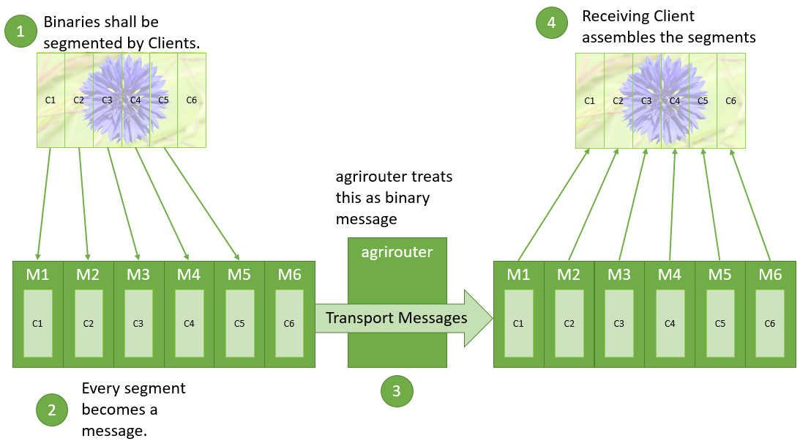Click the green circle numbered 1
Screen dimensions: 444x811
(20, 31)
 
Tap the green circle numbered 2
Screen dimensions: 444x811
(52, 410)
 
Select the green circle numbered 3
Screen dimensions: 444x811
(397, 391)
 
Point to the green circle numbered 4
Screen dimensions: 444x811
(551, 22)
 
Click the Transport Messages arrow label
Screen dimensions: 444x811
(396, 317)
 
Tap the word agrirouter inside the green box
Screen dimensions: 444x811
(397, 252)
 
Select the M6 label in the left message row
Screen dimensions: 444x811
(290, 275)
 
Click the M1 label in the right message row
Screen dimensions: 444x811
(518, 275)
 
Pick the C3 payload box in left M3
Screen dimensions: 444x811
(138, 322)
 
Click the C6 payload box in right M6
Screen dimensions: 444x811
(770, 322)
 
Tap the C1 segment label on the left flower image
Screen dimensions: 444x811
(51, 100)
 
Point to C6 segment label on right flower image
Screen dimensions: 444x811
(730, 100)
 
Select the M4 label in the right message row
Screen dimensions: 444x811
(669, 275)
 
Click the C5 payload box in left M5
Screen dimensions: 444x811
(239, 322)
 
